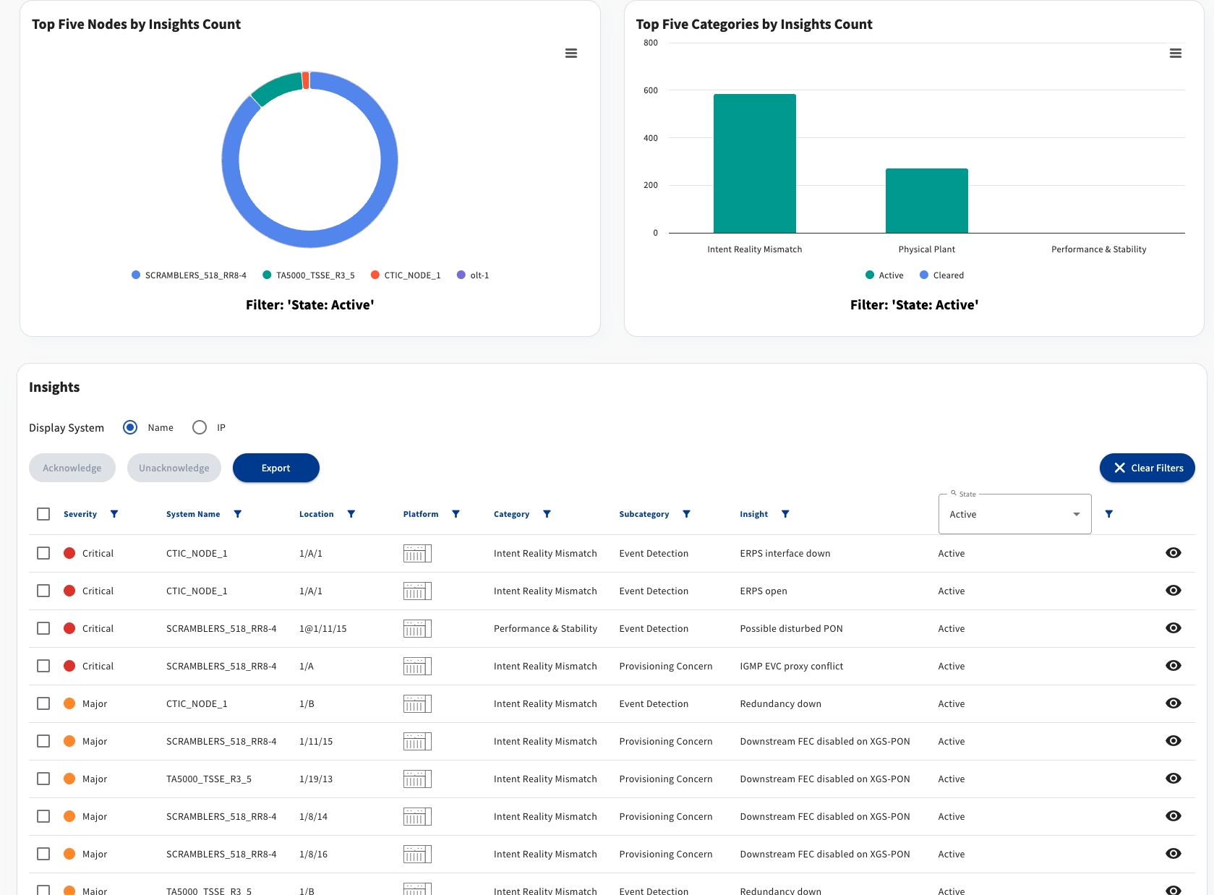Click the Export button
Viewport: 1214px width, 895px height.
(276, 468)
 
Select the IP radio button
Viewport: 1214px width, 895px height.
(200, 427)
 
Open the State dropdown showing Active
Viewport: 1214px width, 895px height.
(1014, 514)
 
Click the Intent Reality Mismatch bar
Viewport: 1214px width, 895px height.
(754, 163)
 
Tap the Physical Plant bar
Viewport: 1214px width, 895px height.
(927, 201)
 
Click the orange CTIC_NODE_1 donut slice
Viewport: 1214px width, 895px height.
(306, 80)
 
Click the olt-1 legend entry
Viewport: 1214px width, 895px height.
(473, 275)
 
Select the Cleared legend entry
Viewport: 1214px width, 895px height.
(942, 275)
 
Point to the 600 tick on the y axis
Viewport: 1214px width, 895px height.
(650, 90)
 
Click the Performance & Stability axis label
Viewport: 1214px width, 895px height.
(1098, 249)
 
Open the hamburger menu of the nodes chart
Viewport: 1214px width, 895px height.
(571, 53)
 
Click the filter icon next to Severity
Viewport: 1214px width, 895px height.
(114, 514)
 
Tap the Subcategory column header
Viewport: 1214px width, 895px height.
(644, 514)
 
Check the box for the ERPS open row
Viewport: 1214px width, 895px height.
(43, 591)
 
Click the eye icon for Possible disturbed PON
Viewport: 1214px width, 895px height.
(1174, 628)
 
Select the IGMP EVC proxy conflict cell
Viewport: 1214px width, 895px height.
(791, 666)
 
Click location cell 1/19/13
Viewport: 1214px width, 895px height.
(316, 779)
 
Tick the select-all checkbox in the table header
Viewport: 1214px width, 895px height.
(43, 514)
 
